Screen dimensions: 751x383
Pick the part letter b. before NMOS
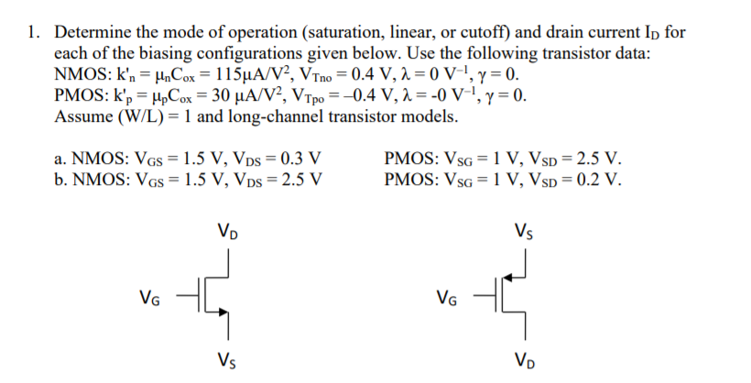[62, 178]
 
